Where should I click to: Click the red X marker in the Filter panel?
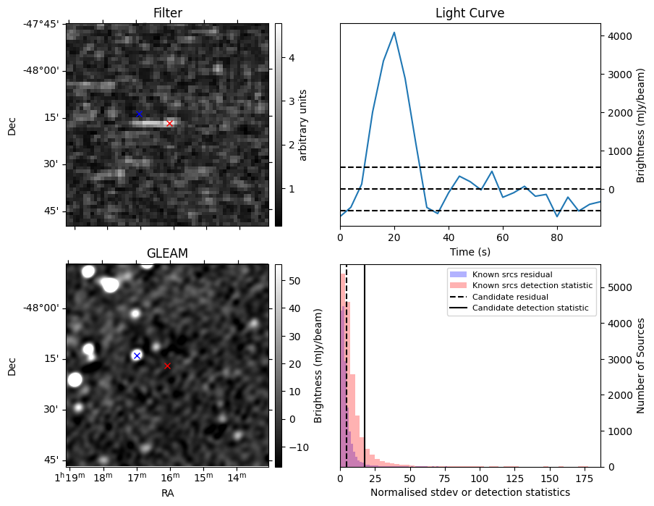pyautogui.click(x=169, y=123)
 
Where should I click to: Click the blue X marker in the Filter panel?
pyautogui.click(x=139, y=114)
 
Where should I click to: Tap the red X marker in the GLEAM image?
pyautogui.click(x=167, y=366)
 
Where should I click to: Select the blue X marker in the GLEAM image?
pyautogui.click(x=137, y=355)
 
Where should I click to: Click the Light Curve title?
pyautogui.click(x=470, y=13)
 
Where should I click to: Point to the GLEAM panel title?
pyautogui.click(x=167, y=253)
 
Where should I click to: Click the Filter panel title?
pyautogui.click(x=167, y=13)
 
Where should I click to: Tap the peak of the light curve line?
pyautogui.click(x=394, y=32)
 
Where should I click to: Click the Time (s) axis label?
pyautogui.click(x=470, y=250)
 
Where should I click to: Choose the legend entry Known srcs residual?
pyautogui.click(x=511, y=274)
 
